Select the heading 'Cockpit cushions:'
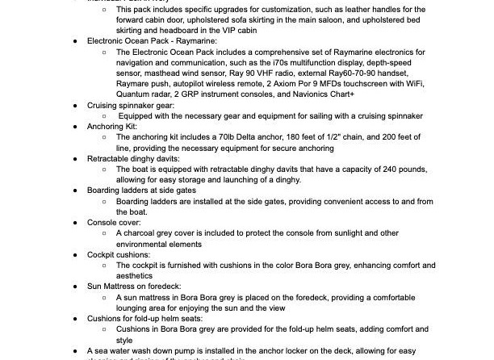point(119,254)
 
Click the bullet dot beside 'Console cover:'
point(75,222)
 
